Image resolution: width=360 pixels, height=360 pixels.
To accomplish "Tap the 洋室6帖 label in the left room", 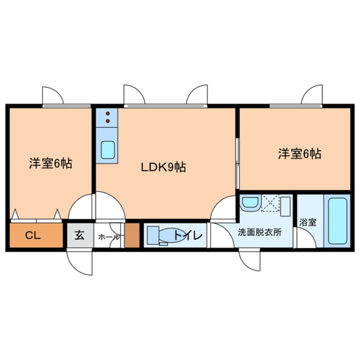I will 50,163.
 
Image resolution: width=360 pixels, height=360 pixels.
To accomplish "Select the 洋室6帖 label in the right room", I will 300,154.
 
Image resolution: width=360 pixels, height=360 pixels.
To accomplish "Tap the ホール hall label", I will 108,237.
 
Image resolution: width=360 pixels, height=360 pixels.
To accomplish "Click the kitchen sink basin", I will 107,149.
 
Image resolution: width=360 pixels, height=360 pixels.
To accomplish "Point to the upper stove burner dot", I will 108,114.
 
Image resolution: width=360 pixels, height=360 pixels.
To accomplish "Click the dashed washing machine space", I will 270,203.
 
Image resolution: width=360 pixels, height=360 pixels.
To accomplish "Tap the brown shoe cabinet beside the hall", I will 132,235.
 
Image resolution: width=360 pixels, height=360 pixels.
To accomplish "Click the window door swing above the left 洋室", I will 53,95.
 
